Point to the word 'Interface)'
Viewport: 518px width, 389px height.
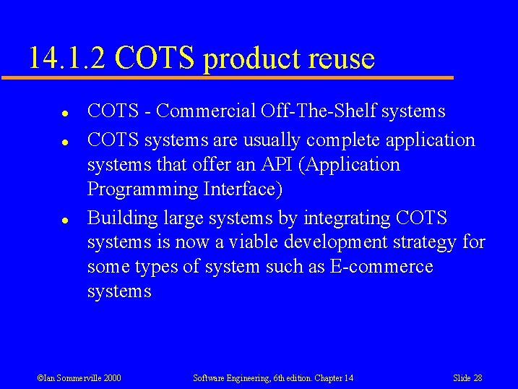241,189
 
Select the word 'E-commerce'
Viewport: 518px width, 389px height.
381,267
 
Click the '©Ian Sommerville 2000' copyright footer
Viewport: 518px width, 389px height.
79,378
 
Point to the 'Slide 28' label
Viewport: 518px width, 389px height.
467,378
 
